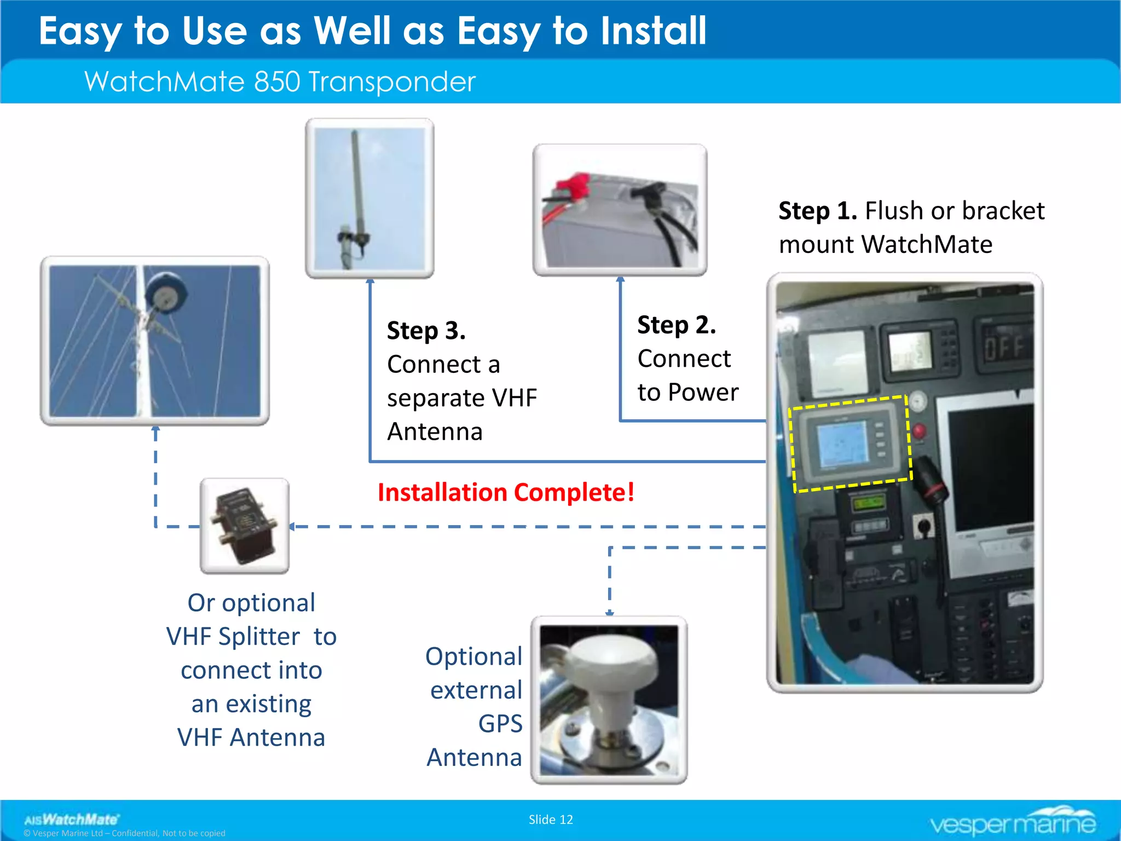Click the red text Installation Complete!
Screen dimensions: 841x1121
(506, 492)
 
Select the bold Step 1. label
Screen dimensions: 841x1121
(817, 211)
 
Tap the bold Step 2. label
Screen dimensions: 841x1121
(677, 325)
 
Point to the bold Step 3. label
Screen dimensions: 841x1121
(426, 331)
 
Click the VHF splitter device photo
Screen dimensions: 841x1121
(244, 526)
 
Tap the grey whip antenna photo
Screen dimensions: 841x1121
(369, 198)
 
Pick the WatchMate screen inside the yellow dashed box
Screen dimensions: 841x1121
(842, 444)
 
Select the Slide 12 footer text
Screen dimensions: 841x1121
(551, 820)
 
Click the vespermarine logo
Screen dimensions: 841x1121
(1012, 821)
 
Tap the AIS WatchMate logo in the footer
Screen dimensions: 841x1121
(71, 820)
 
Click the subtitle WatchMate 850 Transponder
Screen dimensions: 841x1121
(280, 82)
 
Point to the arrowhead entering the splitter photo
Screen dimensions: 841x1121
(292, 527)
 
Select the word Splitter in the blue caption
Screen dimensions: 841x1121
(259, 637)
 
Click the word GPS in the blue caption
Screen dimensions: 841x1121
(500, 724)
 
